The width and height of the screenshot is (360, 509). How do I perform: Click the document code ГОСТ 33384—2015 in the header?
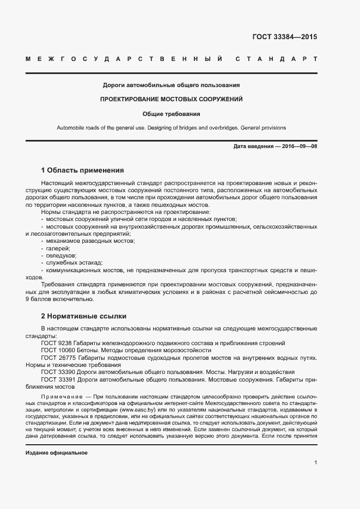tap(284, 38)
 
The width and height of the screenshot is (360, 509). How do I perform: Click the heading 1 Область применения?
tap(82, 170)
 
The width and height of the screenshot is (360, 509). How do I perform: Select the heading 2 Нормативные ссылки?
tap(83, 316)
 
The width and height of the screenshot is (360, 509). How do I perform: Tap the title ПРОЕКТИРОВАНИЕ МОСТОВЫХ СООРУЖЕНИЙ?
tap(172, 100)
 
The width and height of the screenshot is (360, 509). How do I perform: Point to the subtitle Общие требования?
tap(172, 114)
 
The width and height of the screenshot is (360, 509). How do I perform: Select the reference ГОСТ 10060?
tap(57, 351)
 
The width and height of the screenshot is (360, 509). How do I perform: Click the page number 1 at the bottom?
tap(316, 463)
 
